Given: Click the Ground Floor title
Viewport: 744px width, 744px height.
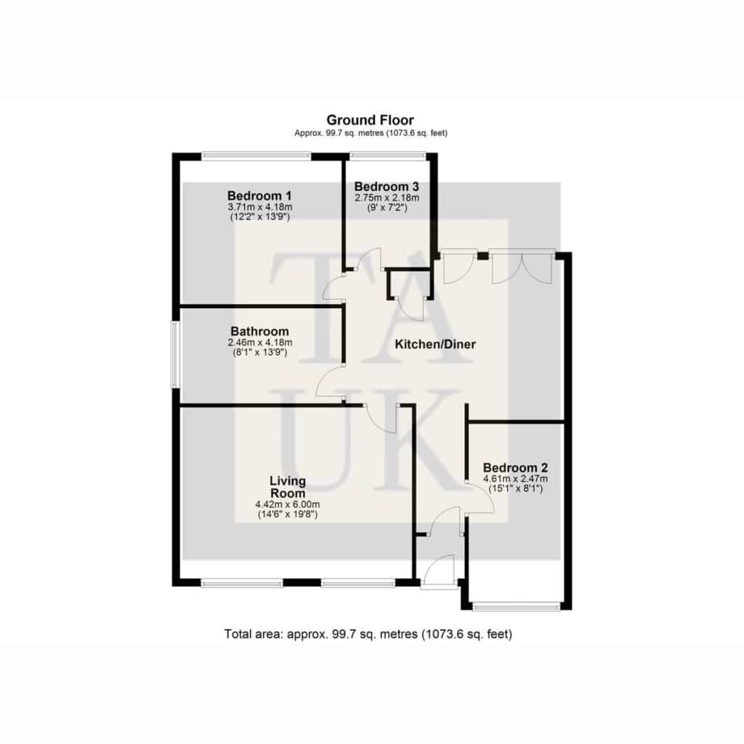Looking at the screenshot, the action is pos(370,120).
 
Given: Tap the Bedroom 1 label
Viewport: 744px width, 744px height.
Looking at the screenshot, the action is pos(259,195).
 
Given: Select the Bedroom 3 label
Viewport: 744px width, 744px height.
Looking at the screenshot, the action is pos(387,187).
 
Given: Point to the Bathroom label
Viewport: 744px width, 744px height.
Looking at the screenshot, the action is pos(259,331).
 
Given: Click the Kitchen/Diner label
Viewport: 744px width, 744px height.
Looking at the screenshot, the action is pos(435,344).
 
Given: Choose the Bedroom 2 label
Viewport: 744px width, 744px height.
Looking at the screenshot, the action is pos(515,468).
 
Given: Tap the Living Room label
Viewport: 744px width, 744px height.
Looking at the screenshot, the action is pos(288,487).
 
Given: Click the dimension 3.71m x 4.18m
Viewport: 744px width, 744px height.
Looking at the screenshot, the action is pos(259,207).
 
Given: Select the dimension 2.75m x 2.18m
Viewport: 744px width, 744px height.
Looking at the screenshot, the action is pos(387,198).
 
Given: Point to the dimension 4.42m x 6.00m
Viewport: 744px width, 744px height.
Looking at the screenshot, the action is pos(288,504).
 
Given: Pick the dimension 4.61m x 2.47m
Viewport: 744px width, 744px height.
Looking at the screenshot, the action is pos(515,479).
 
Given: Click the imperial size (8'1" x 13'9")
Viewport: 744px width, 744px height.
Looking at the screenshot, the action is pos(259,352).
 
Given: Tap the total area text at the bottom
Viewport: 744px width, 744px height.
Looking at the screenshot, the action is pos(368,634).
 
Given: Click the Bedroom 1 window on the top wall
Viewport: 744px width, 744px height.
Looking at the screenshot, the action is pos(256,155).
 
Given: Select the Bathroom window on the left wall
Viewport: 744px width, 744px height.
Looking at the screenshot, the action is pos(174,355).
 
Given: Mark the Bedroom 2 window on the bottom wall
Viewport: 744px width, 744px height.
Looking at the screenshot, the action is pos(517,606).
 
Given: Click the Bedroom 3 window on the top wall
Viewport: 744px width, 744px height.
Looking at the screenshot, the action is pos(388,155).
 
